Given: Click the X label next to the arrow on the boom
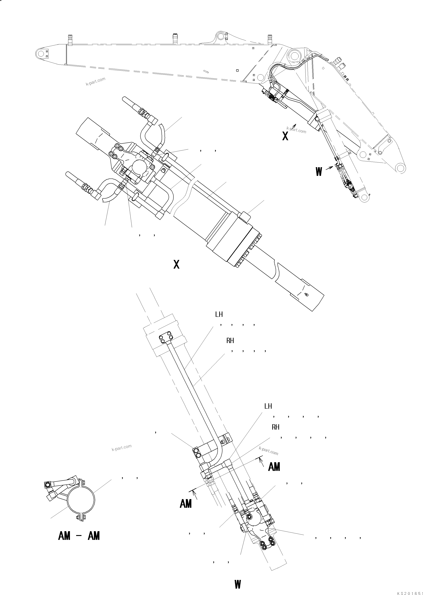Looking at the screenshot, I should [x=285, y=136].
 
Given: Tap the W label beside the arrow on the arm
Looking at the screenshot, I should [x=319, y=172].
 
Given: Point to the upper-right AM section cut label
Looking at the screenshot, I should [x=274, y=467].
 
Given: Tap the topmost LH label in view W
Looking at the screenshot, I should [x=219, y=314].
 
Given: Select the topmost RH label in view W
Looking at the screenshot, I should [x=230, y=341].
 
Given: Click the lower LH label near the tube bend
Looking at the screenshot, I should [x=268, y=406].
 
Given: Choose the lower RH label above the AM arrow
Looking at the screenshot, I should [x=275, y=427].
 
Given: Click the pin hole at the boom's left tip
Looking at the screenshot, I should [x=41, y=54].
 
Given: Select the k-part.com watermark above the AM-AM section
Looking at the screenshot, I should [x=121, y=448].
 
